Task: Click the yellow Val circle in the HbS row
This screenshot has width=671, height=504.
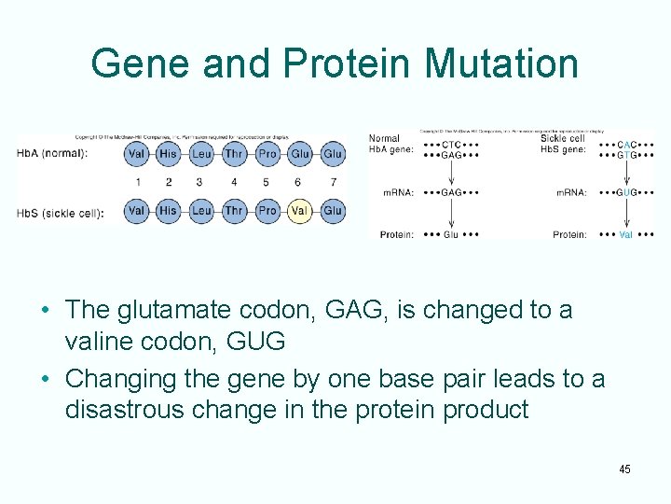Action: point(299,211)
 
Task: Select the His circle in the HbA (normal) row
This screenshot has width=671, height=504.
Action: point(168,153)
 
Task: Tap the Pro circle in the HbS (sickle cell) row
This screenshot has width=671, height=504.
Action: point(267,211)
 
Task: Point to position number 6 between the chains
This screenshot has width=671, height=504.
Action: point(299,182)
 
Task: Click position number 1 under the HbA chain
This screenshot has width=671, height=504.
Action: point(137,182)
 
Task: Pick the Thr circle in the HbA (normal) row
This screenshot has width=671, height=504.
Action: point(234,153)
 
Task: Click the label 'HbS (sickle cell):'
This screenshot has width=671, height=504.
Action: point(60,212)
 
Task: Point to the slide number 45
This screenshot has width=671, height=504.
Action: point(624,469)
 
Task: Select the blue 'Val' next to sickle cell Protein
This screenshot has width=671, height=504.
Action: point(625,234)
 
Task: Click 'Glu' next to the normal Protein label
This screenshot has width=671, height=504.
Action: point(450,234)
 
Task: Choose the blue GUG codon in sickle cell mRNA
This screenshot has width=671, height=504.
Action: point(626,192)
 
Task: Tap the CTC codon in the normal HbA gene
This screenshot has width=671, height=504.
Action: point(451,146)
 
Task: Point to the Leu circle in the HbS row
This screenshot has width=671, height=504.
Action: point(201,211)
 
